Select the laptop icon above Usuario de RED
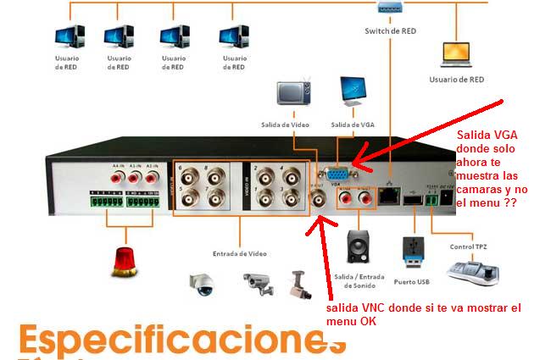456,53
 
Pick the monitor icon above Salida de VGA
353,92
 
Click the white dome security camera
203,285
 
